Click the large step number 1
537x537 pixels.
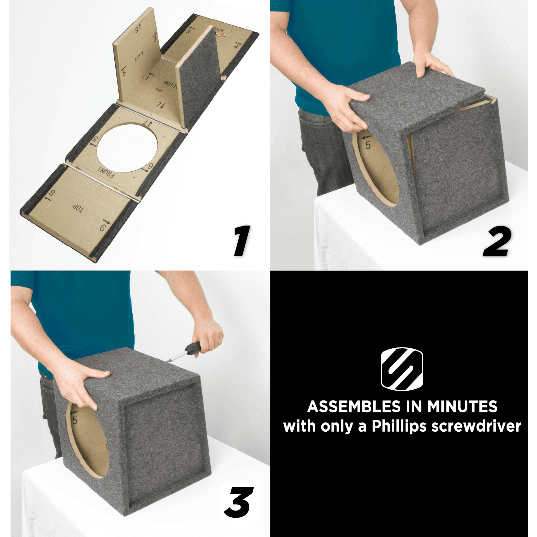coord(242,241)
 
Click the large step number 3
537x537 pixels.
coord(239,502)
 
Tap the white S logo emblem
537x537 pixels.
coord(402,369)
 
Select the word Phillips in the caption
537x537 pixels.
coord(399,426)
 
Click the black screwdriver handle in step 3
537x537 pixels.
coord(194,348)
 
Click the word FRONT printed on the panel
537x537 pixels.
coord(106,173)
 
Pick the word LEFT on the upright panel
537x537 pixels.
coord(139,56)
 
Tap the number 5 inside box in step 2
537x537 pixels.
coord(368,145)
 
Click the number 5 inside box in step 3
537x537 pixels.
coord(75,420)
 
